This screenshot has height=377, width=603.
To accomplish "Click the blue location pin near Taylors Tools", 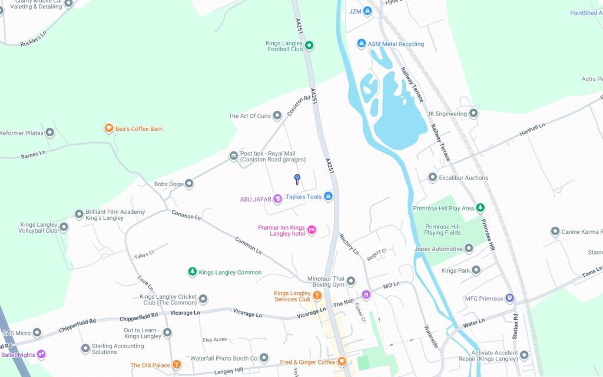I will click(297, 178).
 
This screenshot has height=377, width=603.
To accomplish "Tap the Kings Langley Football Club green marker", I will click(309, 45).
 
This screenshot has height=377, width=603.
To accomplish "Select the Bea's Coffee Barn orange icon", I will click(108, 128).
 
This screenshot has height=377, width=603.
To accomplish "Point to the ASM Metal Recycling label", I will click(396, 44).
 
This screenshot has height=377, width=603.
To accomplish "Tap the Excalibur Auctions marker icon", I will click(432, 177).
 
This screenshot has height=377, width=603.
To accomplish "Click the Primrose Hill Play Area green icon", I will click(481, 208).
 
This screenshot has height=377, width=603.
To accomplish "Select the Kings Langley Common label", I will click(230, 272).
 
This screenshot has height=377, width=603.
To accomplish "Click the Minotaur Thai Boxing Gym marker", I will click(351, 281).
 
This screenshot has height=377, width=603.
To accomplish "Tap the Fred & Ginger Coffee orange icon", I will click(342, 362).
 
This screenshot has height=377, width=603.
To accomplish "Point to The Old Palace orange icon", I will click(176, 365).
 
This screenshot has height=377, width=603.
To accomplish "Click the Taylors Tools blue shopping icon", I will click(329, 197).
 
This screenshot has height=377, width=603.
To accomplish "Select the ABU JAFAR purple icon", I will click(277, 200).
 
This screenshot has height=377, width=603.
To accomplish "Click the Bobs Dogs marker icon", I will click(189, 184).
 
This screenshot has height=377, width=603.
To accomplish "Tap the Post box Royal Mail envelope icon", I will click(234, 156).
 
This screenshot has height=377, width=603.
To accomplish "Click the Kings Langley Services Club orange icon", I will click(317, 295).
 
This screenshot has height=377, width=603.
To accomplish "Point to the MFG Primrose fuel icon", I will click(510, 299).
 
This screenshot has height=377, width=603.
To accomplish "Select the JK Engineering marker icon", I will click(473, 114).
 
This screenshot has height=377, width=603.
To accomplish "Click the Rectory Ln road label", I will click(349, 244).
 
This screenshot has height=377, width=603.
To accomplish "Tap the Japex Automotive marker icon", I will click(469, 249).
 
